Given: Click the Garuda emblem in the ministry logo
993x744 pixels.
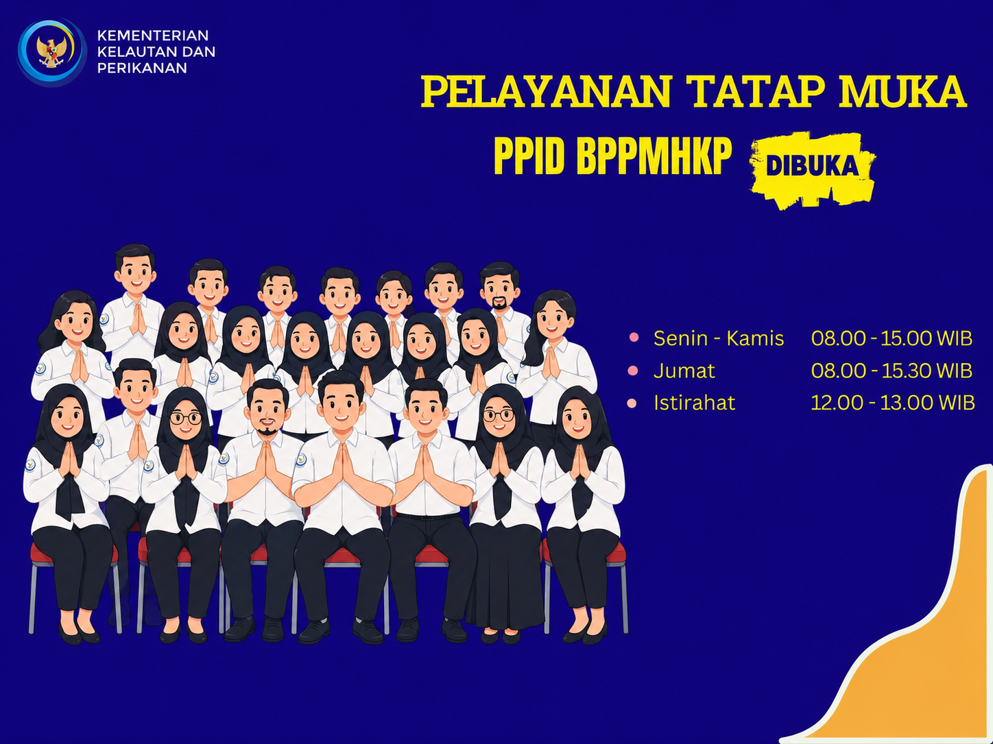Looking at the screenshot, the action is coord(51,51).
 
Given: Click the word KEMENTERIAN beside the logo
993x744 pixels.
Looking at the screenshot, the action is coord(153,35).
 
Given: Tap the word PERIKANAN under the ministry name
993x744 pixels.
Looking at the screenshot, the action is coord(142,68).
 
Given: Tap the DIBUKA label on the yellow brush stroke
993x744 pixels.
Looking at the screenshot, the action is coord(812,166).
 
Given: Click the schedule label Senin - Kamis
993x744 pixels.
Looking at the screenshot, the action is coord(719,338).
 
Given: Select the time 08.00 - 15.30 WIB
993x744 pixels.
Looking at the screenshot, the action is coord(892,371).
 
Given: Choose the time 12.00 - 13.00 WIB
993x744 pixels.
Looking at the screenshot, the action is coord(892,403).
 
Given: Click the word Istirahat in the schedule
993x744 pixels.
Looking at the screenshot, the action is coord(695,403).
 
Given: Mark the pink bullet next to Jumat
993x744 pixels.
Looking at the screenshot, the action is coord(633,371).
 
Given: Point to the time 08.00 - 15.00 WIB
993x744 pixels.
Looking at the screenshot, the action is coord(892,338).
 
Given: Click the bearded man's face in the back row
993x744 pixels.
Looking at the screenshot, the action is coord(499,289).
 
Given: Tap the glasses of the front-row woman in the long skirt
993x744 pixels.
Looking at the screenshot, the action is coord(499,415).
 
